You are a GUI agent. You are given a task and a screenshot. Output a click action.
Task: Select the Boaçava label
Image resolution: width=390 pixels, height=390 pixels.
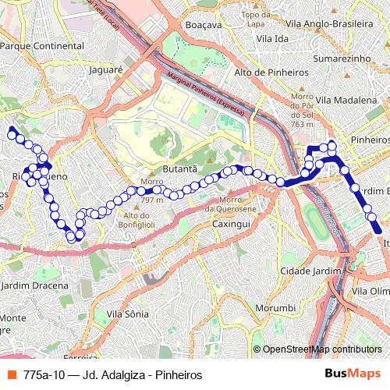(x=205, y=24)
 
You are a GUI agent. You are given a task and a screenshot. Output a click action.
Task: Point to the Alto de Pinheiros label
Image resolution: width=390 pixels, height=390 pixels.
(x=271, y=72)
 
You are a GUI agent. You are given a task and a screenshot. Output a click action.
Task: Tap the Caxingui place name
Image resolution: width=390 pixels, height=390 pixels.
(x=230, y=224)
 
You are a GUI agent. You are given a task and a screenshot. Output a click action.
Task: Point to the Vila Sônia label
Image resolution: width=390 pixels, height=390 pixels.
(x=126, y=314)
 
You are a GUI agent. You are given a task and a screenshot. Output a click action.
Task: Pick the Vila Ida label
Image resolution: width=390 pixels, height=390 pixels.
(x=271, y=38)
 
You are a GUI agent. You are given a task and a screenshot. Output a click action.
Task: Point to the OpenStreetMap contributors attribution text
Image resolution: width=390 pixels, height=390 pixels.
(x=321, y=349)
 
